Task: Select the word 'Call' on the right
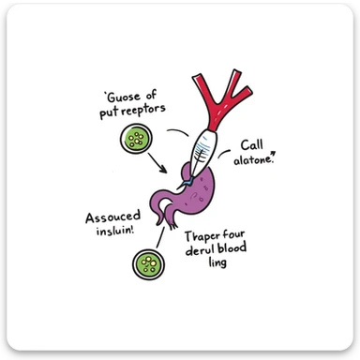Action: click(253, 145)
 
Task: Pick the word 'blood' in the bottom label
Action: click(240, 251)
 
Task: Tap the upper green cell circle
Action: click(138, 140)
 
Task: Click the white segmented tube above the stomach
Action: click(205, 141)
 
